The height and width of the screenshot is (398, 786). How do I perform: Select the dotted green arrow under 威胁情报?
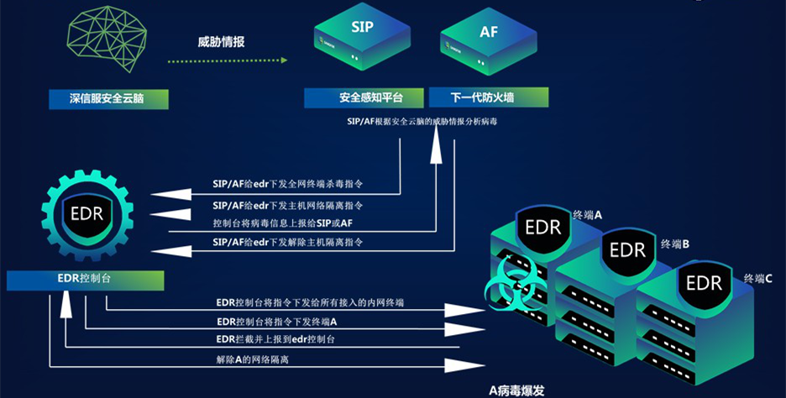click(x=227, y=61)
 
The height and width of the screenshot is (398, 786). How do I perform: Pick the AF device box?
click(x=487, y=41)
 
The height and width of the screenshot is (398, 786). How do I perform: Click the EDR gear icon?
click(x=87, y=214)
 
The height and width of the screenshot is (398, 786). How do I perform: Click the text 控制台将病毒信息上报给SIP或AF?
click(x=282, y=223)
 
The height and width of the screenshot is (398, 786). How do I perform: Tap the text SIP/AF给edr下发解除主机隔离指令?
click(x=287, y=243)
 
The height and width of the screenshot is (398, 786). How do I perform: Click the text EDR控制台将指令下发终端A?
click(x=276, y=322)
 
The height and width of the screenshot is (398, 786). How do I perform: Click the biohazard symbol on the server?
click(x=508, y=285)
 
